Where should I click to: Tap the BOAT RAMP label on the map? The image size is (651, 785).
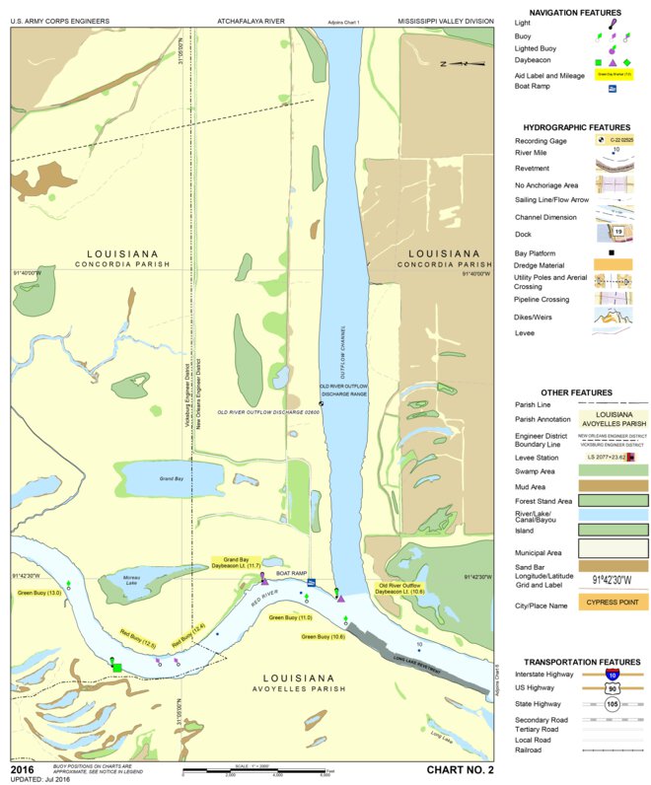(293, 573)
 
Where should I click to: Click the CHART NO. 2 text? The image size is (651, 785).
(460, 768)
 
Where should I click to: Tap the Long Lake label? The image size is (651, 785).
(442, 734)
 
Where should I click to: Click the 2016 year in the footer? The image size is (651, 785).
(24, 767)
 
